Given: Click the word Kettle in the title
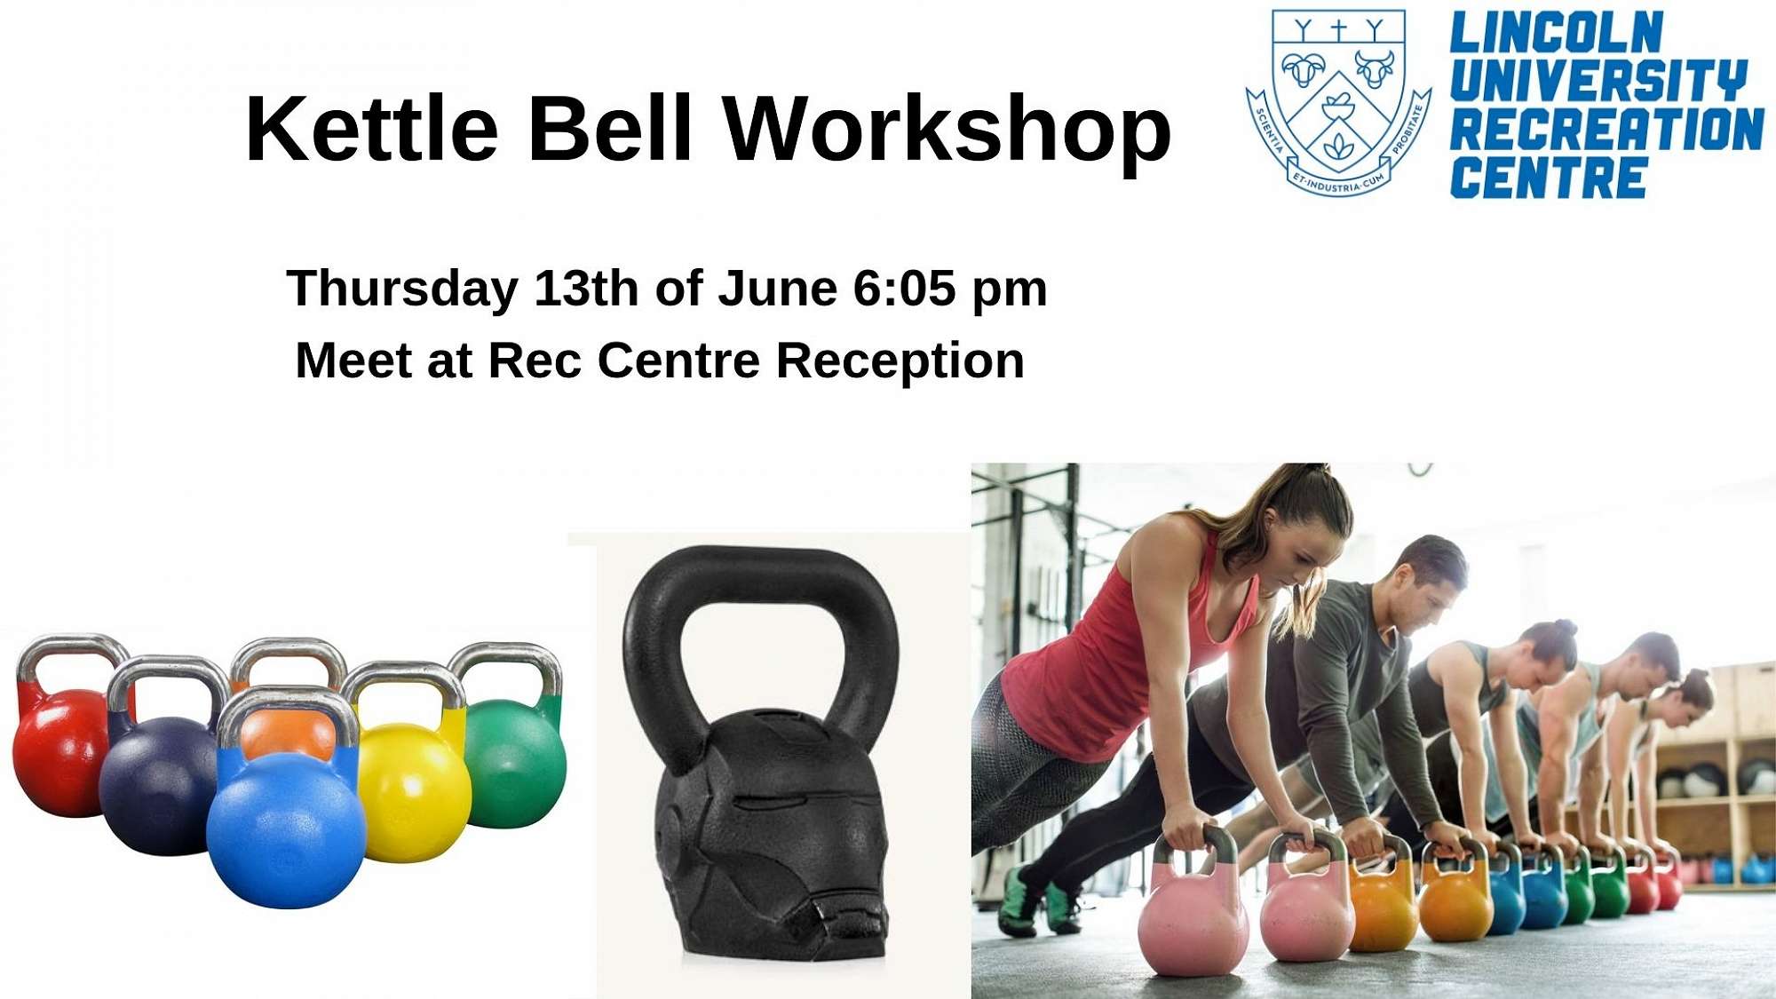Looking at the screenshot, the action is click(x=371, y=130).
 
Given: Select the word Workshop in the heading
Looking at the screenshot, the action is click(x=947, y=130).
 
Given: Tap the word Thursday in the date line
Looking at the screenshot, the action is click(x=402, y=289).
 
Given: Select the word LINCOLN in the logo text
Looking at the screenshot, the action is click(x=1556, y=34).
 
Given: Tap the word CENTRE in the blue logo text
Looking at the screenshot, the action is click(x=1549, y=178).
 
